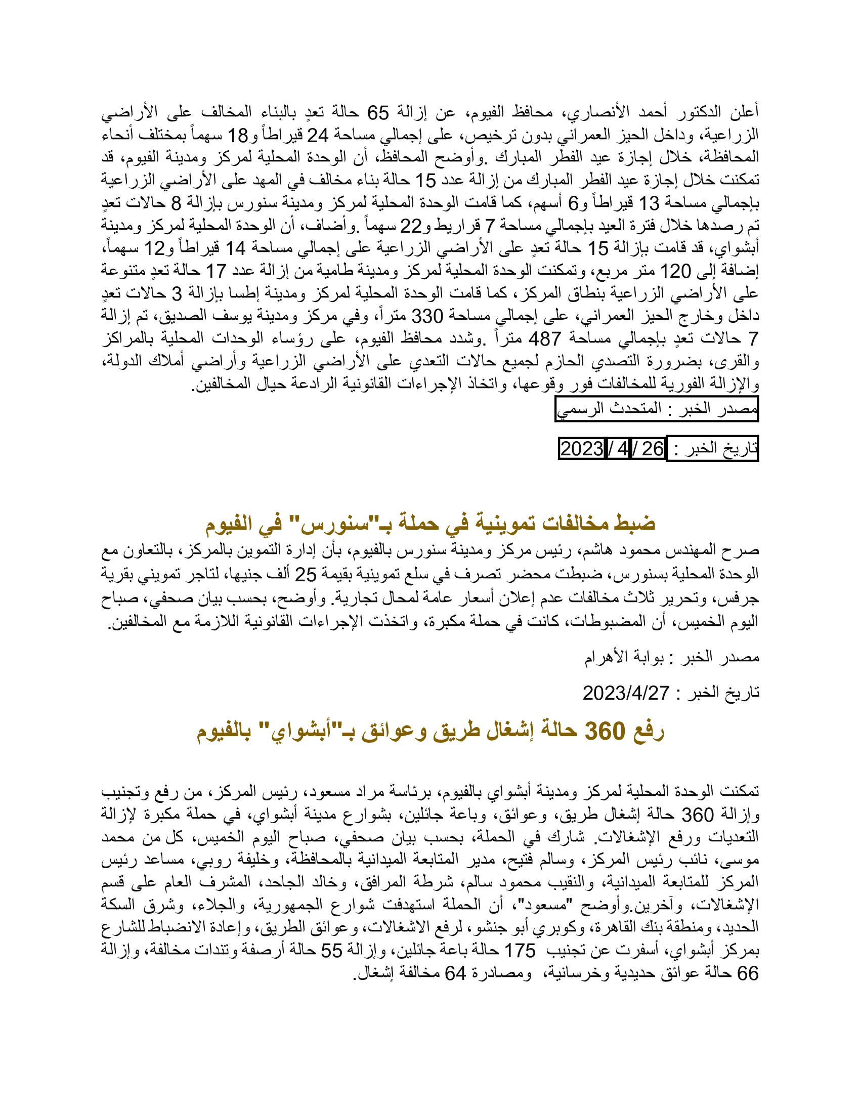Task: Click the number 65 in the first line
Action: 378,113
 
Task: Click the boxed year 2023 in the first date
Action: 581,449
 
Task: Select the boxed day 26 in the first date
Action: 652,449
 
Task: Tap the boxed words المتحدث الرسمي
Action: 609,409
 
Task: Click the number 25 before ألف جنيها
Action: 306,575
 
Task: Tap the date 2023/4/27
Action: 626,693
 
